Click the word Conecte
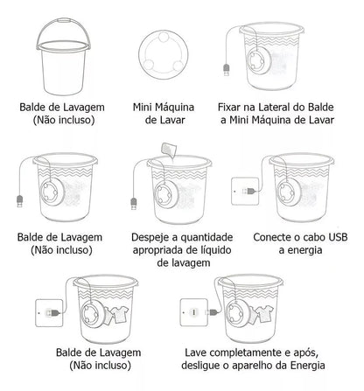click(275, 237)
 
